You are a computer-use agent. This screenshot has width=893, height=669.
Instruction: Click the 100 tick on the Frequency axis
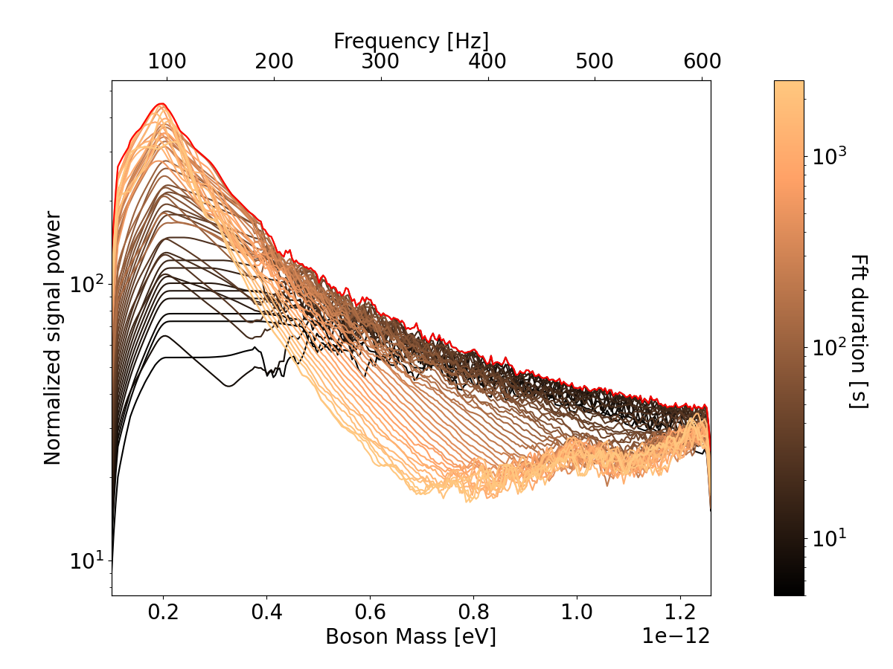coord(167,62)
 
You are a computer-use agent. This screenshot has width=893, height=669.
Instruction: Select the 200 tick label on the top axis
coord(274,62)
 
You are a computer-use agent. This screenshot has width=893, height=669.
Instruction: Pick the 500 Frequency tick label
coord(595,62)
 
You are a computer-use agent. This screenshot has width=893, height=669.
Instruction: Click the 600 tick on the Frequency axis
coord(701,62)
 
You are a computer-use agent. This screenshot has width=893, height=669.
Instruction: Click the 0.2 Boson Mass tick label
coord(163,613)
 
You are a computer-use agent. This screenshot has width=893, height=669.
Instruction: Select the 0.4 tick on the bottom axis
coord(266,613)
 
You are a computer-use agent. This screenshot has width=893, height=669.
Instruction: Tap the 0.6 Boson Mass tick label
coord(370,613)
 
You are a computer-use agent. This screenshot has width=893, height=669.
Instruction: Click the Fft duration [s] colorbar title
coord(859,331)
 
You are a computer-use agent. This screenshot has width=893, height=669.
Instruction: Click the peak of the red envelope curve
coord(161,104)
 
